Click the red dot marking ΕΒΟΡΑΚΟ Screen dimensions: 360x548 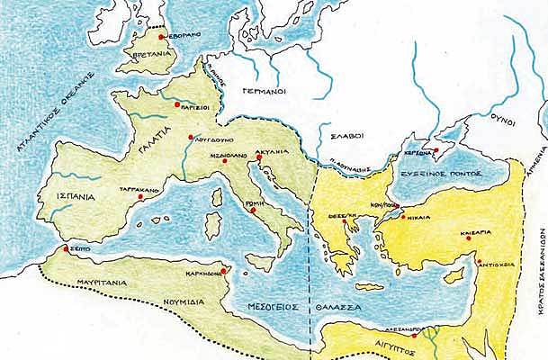tap(161, 37)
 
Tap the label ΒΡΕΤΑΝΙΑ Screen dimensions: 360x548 tap(151, 53)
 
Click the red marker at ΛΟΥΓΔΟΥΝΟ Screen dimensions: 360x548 tap(191, 138)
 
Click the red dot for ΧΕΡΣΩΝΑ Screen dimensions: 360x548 tap(436, 151)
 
